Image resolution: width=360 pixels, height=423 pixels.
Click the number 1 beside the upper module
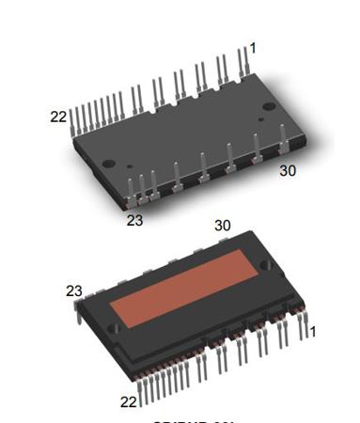[x=252, y=48]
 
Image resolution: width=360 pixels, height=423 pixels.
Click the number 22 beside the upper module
[x=58, y=117]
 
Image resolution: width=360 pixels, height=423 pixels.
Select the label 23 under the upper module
[x=134, y=220]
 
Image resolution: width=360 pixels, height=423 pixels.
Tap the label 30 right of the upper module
[x=288, y=171]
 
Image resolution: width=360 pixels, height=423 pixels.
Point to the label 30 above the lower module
[x=223, y=226]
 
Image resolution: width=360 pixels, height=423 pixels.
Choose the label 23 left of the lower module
[x=74, y=291]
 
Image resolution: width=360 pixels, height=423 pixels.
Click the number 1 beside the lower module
[x=313, y=331]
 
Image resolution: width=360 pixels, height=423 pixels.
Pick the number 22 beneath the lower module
[x=129, y=401]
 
